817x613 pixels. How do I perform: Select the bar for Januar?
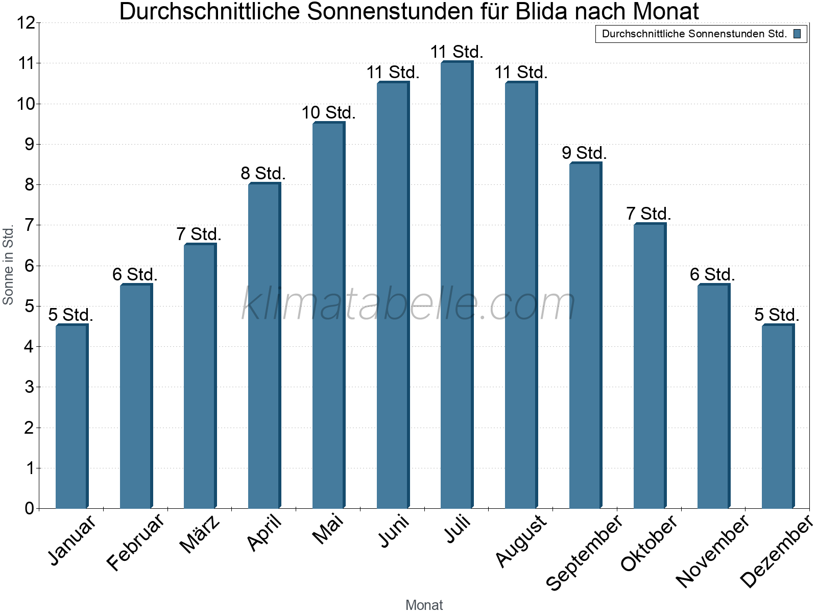[71, 416]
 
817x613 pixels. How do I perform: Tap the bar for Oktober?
[649, 366]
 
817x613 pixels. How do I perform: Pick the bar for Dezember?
[777, 416]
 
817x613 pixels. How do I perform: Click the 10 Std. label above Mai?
[328, 113]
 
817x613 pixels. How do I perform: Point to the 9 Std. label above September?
[584, 153]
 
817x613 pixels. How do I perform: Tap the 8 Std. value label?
[263, 174]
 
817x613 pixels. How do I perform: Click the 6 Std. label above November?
[712, 275]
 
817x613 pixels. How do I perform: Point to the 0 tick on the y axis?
[29, 508]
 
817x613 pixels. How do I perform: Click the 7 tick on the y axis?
[29, 225]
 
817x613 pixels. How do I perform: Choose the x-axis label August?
[521, 540]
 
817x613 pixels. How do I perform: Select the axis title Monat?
[424, 605]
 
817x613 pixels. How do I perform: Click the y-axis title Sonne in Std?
[8, 265]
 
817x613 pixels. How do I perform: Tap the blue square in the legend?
[797, 34]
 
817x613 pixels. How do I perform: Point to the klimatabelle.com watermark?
[408, 304]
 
